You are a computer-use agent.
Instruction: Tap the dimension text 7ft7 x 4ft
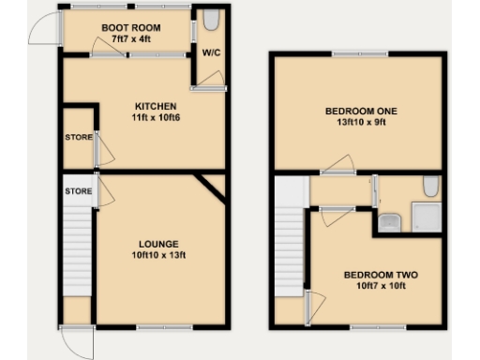tap(126, 40)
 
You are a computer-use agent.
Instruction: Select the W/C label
tap(210, 53)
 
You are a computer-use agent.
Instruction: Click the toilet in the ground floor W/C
tap(210, 21)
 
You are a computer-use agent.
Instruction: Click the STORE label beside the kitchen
tap(79, 139)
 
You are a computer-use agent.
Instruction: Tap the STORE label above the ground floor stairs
tap(79, 191)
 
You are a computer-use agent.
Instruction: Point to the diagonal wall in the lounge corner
tap(211, 187)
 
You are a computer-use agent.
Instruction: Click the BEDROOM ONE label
tap(362, 111)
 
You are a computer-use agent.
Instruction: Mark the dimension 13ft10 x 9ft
tap(362, 122)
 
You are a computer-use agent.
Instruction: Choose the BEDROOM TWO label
tap(380, 275)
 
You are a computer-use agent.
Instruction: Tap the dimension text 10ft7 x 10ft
tap(380, 287)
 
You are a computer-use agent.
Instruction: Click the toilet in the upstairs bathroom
tap(430, 187)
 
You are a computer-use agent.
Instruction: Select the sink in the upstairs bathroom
tap(390, 223)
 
